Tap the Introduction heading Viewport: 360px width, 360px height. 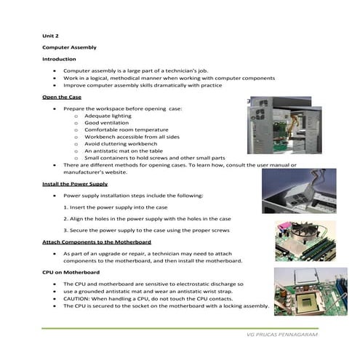(x=59, y=59)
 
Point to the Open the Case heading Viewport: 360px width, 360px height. (x=62, y=97)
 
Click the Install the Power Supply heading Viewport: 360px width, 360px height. (x=75, y=184)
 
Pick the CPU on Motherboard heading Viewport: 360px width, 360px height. (x=71, y=271)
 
